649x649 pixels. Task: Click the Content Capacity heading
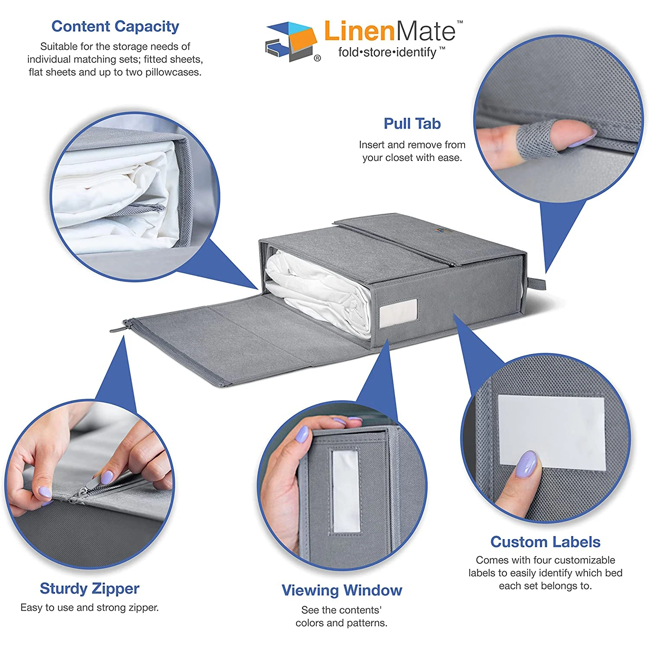[115, 26]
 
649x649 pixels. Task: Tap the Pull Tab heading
[412, 124]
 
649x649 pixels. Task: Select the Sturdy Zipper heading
[90, 588]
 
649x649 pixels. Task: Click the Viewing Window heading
[342, 590]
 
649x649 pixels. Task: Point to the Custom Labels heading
[545, 542]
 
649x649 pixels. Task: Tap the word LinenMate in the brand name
[389, 31]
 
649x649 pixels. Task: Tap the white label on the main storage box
[398, 312]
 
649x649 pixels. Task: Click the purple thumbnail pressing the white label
[527, 464]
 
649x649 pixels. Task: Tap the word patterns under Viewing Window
[366, 623]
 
